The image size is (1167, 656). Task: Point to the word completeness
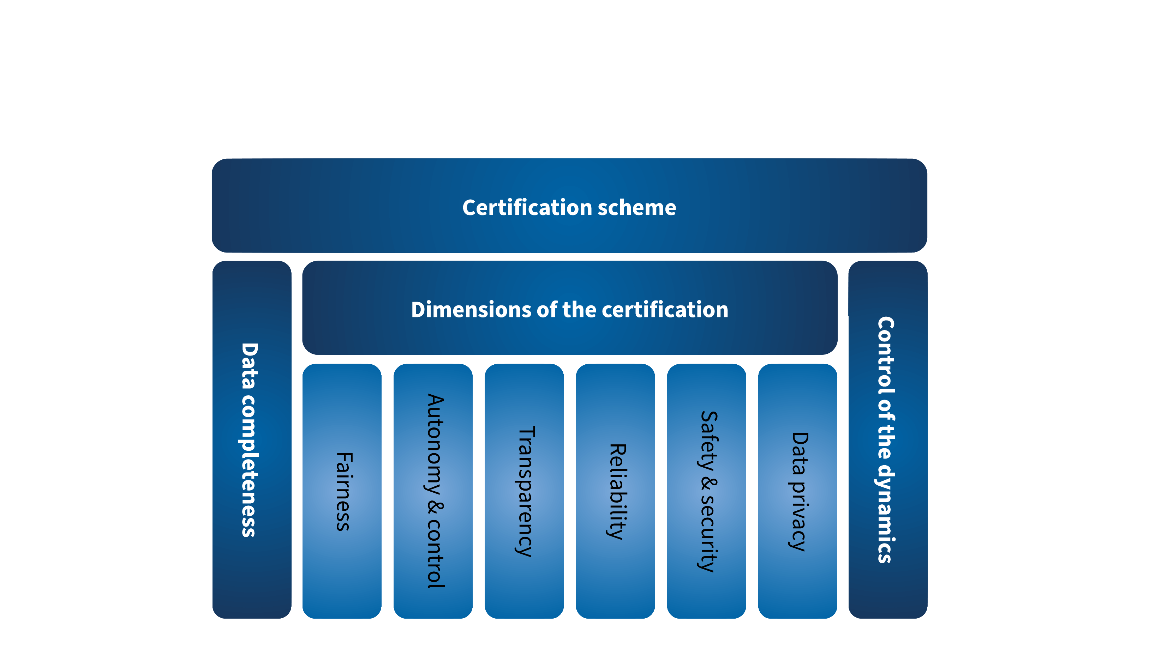[x=249, y=466]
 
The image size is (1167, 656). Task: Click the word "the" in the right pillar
[x=885, y=446]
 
